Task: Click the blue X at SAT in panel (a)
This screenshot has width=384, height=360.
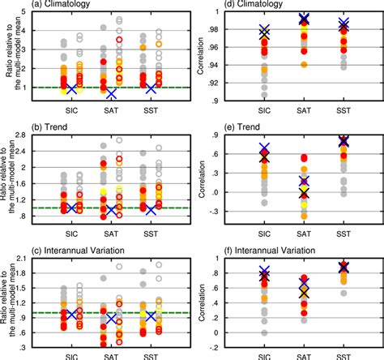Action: click(111, 93)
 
